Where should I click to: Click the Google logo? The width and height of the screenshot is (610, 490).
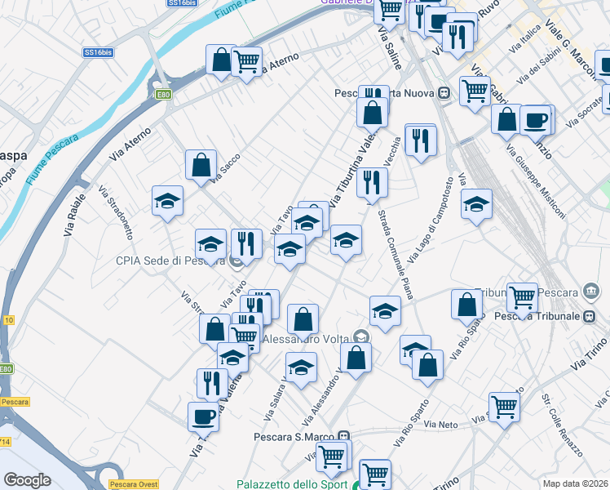27,480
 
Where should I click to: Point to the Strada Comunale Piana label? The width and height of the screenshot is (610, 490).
395,254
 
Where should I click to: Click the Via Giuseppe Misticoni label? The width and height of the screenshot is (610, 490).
535,183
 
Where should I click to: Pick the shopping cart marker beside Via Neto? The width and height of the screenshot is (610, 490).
504,406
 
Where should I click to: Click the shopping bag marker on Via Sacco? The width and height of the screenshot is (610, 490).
201,165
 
